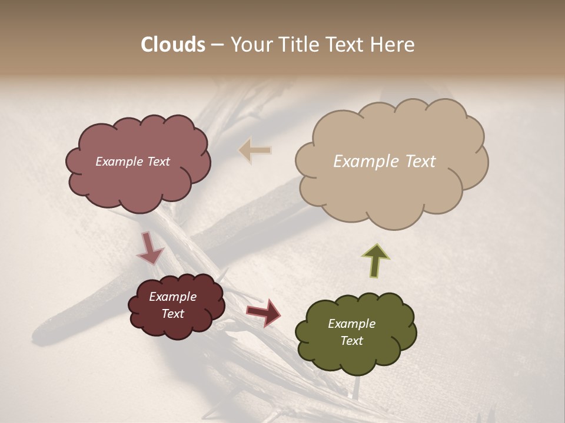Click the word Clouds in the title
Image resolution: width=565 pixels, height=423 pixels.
tap(173, 45)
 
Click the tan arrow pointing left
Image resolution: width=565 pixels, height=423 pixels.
tap(255, 150)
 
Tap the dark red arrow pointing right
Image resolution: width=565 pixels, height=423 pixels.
tap(264, 313)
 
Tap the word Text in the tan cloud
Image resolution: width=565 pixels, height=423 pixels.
tap(420, 162)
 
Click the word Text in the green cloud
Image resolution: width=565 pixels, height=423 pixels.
tap(351, 341)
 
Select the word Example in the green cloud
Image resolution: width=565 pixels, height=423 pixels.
tap(351, 324)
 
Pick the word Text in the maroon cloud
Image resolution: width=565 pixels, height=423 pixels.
tap(173, 314)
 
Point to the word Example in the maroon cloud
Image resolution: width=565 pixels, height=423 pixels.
tap(173, 297)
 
